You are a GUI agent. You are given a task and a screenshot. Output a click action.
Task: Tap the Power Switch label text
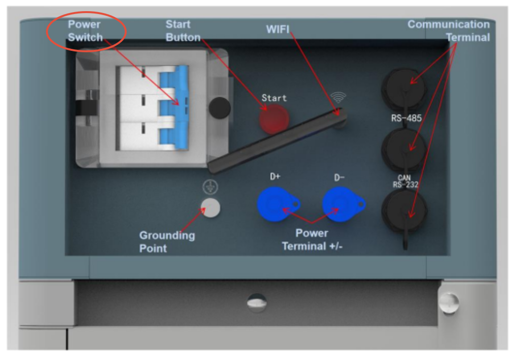85,30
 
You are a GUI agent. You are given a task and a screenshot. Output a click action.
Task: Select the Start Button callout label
183,30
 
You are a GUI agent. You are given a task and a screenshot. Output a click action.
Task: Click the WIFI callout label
278,30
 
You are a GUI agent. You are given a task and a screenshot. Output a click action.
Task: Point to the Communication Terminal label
449,30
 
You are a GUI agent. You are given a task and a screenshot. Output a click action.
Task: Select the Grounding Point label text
167,242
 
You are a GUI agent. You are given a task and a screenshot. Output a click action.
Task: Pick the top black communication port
403,90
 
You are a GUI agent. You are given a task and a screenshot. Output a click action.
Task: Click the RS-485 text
405,118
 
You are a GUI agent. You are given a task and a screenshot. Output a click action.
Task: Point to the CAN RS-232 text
405,181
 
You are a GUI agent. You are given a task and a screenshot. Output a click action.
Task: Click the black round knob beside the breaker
219,106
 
